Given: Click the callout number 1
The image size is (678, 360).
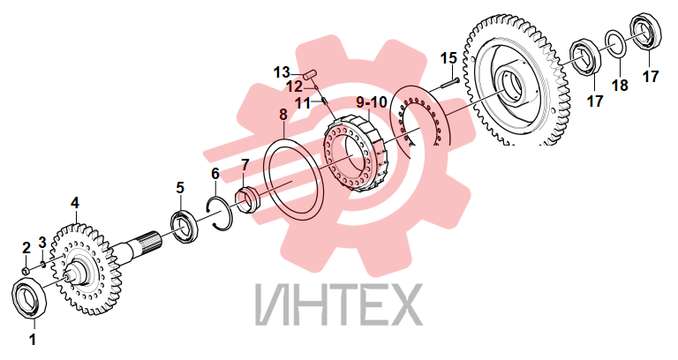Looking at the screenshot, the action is point(33,340).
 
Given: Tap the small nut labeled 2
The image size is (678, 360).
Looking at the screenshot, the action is point(26,271).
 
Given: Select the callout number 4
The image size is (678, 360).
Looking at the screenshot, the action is point(75,203).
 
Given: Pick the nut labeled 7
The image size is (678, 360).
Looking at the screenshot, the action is point(246,200).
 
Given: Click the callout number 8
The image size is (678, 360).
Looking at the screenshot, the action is point(283,115).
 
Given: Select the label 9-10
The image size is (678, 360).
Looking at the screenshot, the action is point(372,102).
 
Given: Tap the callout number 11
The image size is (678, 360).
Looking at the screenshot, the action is point(303,104).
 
